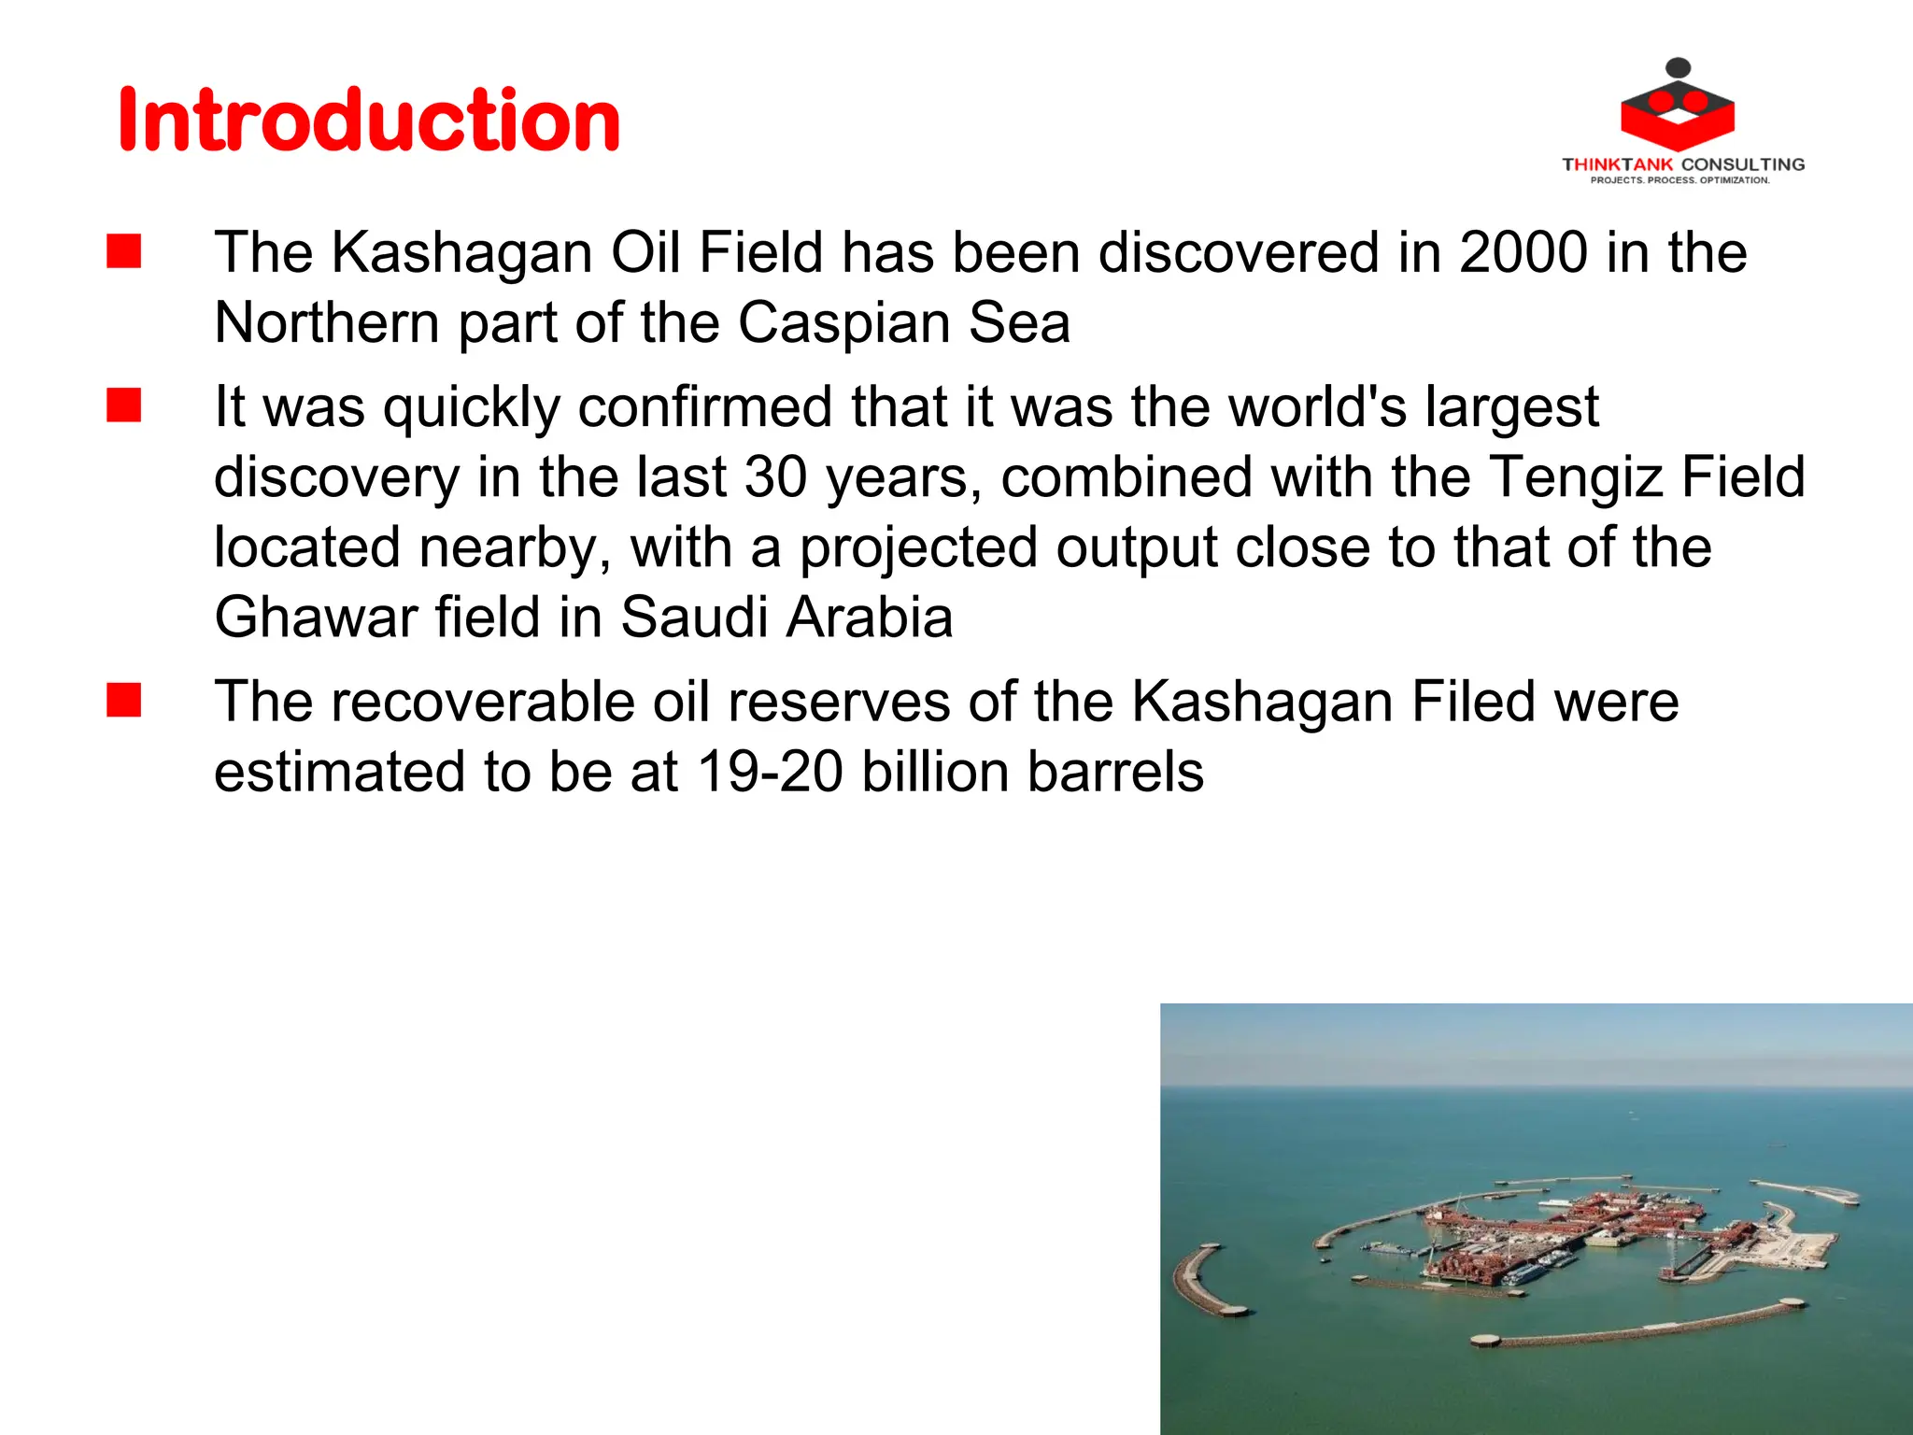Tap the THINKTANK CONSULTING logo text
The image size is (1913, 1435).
[x=1683, y=164]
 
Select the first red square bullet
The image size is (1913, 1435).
[x=123, y=251]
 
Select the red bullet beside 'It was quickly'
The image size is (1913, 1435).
[x=123, y=406]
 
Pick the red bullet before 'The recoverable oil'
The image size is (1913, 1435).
[x=123, y=701]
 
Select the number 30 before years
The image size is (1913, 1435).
[x=775, y=477]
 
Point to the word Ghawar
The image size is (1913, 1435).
[x=315, y=618]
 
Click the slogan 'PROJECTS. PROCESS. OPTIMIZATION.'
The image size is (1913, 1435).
[x=1679, y=180]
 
